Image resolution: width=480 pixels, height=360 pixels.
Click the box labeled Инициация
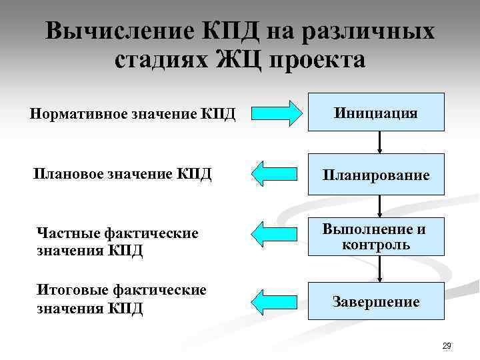click(379, 112)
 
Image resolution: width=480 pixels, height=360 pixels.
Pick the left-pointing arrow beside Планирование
click(276, 175)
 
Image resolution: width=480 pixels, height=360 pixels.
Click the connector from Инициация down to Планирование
click(379, 142)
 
